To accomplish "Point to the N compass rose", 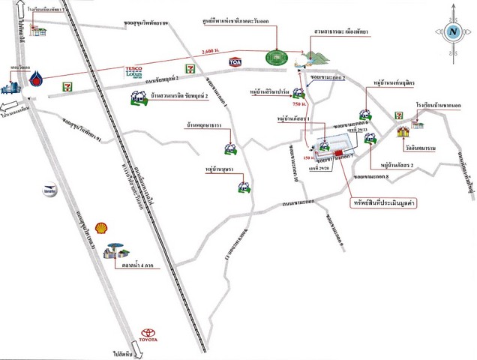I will pos(453,31).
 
